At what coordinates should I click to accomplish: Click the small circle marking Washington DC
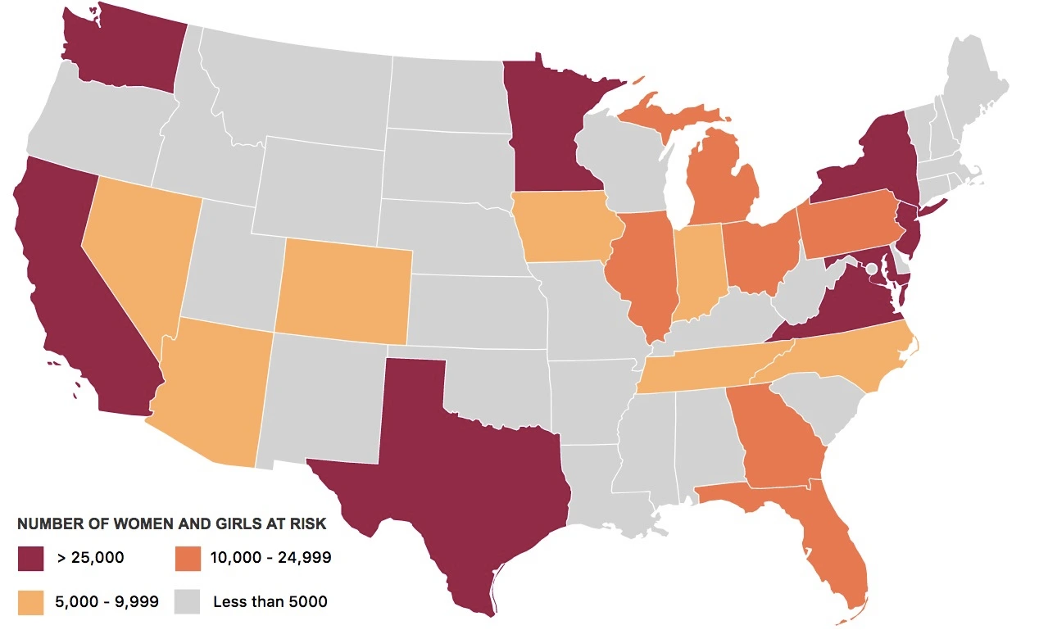tap(872, 269)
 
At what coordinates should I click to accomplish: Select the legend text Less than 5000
tap(270, 601)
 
